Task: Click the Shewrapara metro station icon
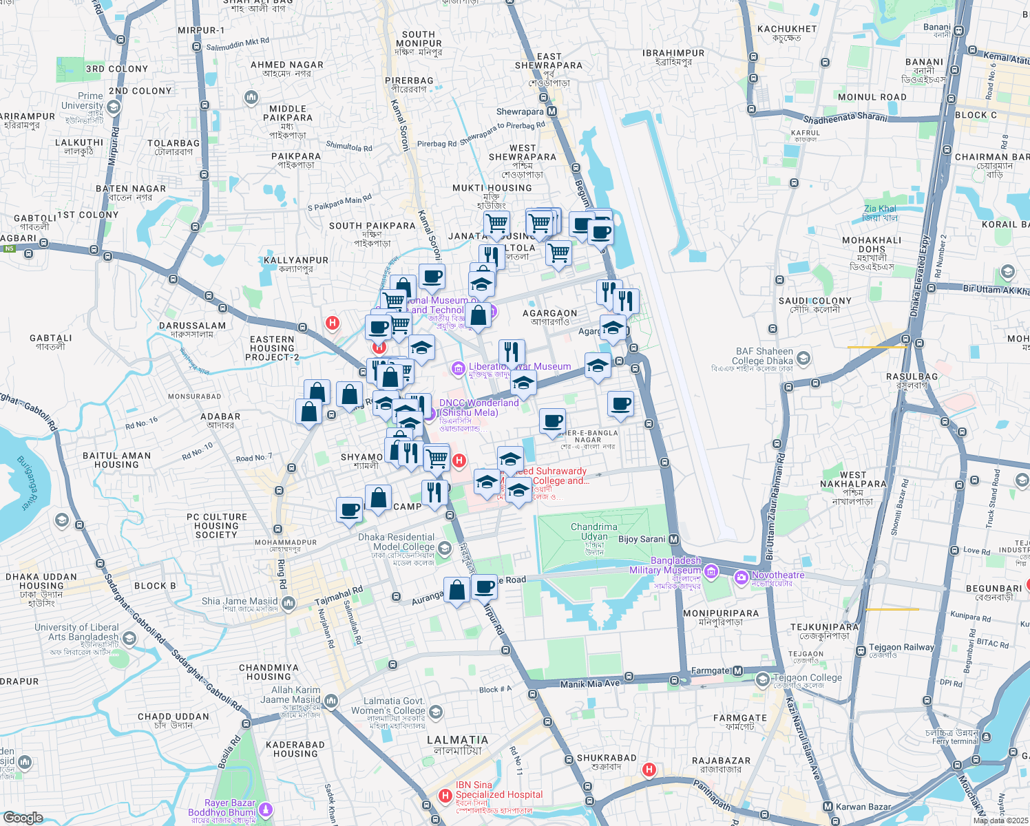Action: [x=551, y=112]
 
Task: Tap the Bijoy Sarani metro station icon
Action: [x=674, y=539]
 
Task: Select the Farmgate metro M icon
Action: [x=737, y=670]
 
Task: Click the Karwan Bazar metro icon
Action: [x=828, y=807]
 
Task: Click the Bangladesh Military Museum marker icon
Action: [x=711, y=571]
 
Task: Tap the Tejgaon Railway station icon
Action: [x=861, y=650]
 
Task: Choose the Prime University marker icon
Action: [x=114, y=107]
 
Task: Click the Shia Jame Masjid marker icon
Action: [x=288, y=604]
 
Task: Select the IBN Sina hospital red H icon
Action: [x=445, y=796]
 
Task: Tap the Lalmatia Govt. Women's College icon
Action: [x=435, y=712]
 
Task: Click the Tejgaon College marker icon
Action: [x=762, y=680]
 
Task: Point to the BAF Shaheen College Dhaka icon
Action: [x=803, y=359]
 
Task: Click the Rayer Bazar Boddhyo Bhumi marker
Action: [x=265, y=809]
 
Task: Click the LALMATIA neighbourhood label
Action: [x=457, y=740]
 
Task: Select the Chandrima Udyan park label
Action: [x=594, y=531]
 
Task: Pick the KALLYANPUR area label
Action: [x=296, y=260]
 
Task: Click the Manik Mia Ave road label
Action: [x=589, y=684]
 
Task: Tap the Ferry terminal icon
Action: [x=987, y=737]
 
